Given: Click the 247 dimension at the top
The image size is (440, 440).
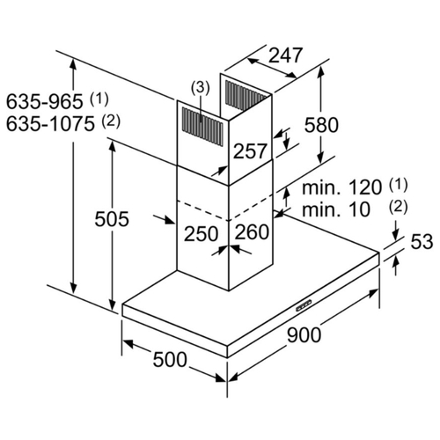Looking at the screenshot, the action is click(285, 55).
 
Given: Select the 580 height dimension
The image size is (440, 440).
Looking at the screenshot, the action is click(321, 125).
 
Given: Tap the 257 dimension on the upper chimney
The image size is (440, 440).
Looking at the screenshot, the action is click(250, 151).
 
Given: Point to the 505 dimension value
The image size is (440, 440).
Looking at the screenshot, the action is click(112, 219).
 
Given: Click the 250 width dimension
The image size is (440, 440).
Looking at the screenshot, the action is click(202, 234).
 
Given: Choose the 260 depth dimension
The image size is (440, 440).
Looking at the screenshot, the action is click(252, 232).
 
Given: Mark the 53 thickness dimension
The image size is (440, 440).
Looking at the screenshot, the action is click(422, 242).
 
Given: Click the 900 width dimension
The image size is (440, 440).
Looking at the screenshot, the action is click(304, 335).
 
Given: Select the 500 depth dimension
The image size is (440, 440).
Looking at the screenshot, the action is click(170, 360).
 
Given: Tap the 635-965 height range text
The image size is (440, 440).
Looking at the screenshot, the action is click(45, 102).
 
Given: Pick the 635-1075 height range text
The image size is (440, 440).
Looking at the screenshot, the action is click(50, 124).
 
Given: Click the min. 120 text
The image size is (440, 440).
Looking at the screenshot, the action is click(342, 187).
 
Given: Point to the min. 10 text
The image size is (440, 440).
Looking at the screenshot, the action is click(336, 209).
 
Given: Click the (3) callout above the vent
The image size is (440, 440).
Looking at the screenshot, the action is click(201, 88).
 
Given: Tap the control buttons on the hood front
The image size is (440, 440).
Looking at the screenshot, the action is click(304, 305).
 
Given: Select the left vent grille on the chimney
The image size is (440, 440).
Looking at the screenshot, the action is click(202, 127).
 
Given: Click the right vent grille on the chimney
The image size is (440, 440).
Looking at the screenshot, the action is click(245, 96).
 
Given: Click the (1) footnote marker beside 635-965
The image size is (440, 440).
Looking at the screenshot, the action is click(99, 99).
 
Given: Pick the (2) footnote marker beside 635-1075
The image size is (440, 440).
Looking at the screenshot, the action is click(111, 121).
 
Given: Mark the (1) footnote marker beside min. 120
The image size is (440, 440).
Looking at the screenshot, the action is click(398, 185).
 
